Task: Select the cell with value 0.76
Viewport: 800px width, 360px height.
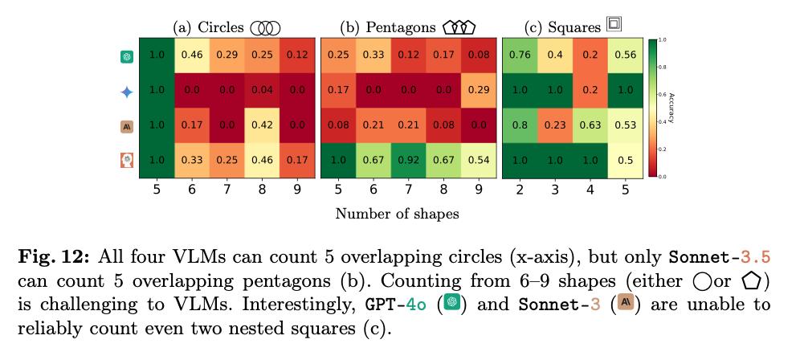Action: pos(520,55)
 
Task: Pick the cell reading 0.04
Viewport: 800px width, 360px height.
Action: pos(262,90)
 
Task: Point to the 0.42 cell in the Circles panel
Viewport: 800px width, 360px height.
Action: pos(262,125)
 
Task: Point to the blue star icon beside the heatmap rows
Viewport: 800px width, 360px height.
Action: pos(126,92)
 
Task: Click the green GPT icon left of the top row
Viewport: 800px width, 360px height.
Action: pos(126,56)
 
